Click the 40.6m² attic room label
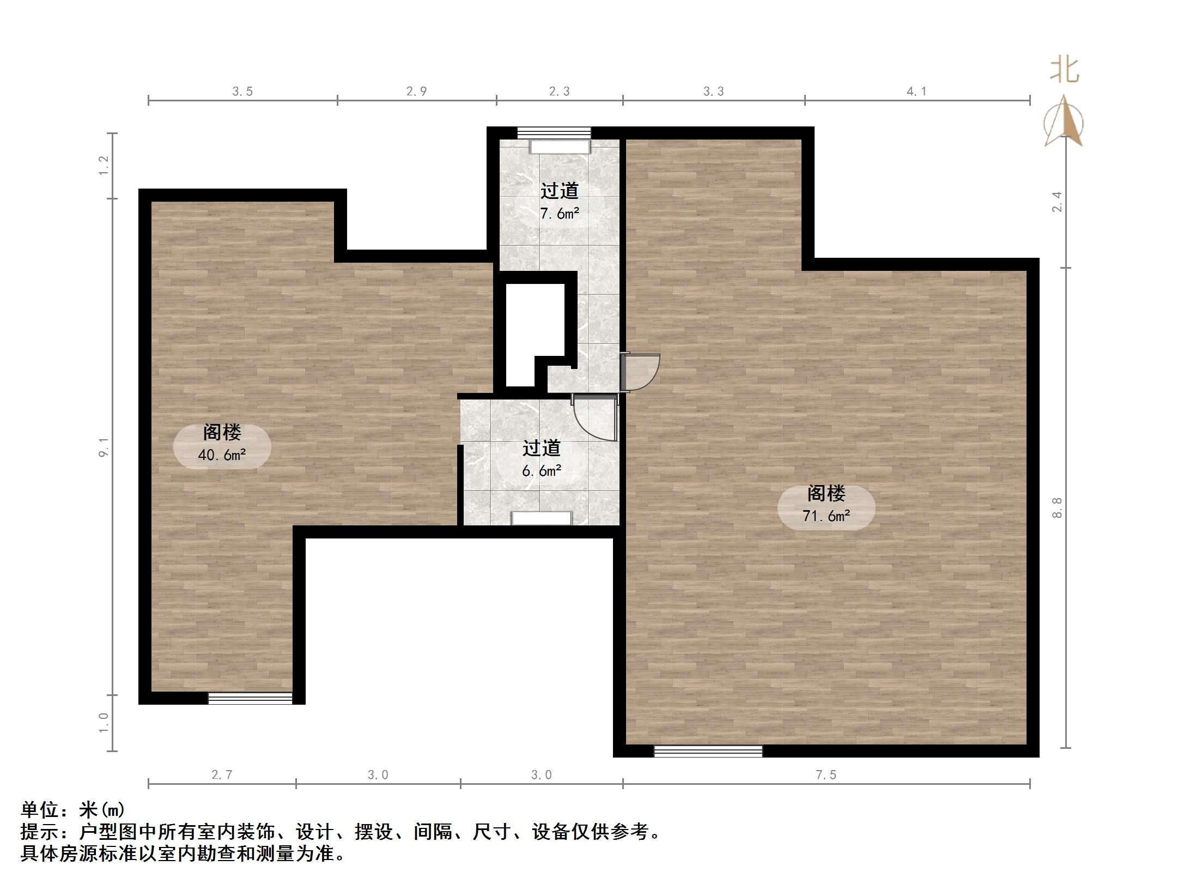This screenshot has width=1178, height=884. tap(222, 444)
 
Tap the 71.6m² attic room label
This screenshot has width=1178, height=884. tap(826, 505)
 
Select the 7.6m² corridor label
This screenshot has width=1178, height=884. tap(559, 202)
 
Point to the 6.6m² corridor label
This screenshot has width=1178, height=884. tap(541, 459)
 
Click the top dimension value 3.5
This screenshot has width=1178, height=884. tap(242, 92)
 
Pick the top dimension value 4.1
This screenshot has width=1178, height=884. tap(916, 92)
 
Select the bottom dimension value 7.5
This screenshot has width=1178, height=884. tap(825, 774)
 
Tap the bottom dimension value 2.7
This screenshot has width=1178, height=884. tap(222, 774)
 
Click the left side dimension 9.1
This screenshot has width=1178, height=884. tap(104, 447)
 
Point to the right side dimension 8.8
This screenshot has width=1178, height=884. tap(1057, 507)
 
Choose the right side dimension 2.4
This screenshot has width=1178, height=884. tap(1057, 202)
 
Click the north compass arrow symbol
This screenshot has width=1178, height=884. tap(1064, 123)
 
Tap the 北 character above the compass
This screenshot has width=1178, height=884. tap(1064, 71)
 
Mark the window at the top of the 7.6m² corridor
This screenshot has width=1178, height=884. tap(554, 133)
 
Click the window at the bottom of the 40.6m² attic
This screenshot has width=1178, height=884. tap(250, 698)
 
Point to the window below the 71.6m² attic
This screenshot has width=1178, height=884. tap(708, 751)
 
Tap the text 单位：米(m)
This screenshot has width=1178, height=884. tap(72, 810)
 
